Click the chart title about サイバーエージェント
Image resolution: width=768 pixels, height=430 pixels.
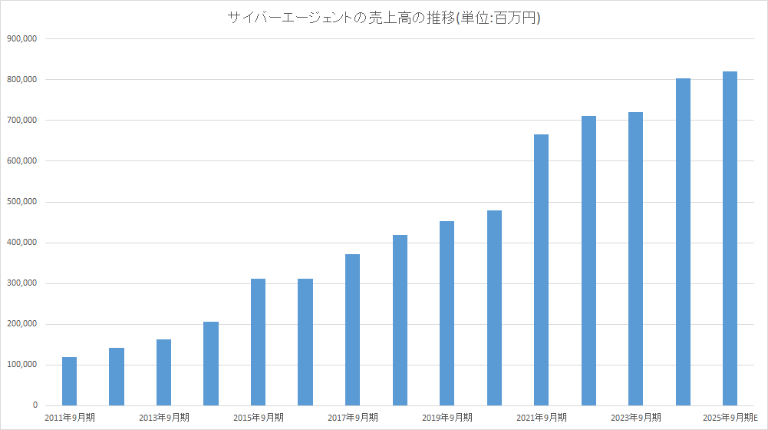click(384, 18)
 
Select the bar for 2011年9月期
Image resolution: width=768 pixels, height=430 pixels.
click(69, 381)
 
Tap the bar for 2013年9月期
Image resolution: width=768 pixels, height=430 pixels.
click(163, 372)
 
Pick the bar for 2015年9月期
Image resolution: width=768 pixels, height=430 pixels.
click(258, 342)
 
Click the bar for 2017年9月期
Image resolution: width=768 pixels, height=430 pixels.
click(352, 329)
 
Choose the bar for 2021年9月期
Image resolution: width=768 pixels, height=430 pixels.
click(541, 270)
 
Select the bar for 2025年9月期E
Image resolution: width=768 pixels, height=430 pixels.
click(730, 238)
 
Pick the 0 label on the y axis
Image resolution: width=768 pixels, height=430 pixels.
click(35, 405)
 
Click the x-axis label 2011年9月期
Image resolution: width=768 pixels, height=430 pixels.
click(70, 418)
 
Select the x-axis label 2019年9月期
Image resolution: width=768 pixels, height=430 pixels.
click(447, 418)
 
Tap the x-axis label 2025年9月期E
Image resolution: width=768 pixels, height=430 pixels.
click(730, 418)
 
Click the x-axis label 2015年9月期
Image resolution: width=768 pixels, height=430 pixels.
click(259, 418)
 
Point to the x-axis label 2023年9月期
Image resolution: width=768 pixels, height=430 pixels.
click(636, 418)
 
